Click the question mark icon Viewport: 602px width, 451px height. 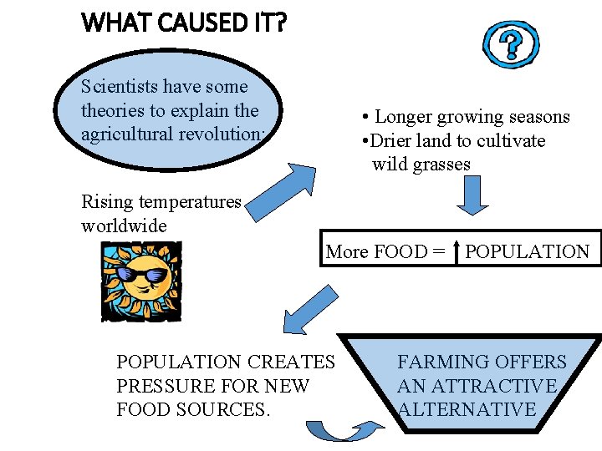coord(511,44)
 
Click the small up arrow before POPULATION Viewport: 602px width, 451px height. coord(457,251)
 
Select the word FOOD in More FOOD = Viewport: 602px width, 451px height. coord(398,251)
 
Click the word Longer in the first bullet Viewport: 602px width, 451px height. coord(406,117)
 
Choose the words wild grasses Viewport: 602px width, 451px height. coord(421,164)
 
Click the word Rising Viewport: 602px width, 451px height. coord(107,201)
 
